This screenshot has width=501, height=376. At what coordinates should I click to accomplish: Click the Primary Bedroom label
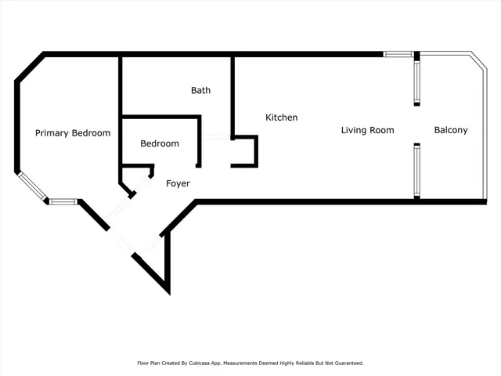pyautogui.click(x=73, y=133)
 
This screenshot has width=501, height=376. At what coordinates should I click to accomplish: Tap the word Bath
pyautogui.click(x=200, y=90)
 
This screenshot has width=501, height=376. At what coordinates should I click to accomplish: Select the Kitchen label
pyautogui.click(x=282, y=117)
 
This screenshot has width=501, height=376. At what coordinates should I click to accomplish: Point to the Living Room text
pyautogui.click(x=367, y=130)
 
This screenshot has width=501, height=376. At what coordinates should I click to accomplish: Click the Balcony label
pyautogui.click(x=451, y=130)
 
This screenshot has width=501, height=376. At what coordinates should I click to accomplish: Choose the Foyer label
pyautogui.click(x=178, y=183)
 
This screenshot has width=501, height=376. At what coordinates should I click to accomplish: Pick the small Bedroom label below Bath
pyautogui.click(x=160, y=143)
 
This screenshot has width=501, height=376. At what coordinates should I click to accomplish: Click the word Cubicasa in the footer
pyautogui.click(x=205, y=363)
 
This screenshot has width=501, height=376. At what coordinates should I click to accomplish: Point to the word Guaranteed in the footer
pyautogui.click(x=348, y=363)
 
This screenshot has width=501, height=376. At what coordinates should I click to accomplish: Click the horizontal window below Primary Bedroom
pyautogui.click(x=63, y=201)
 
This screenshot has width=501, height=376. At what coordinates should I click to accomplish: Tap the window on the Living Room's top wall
pyautogui.click(x=397, y=54)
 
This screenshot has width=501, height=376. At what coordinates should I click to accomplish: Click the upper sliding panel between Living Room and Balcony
pyautogui.click(x=417, y=81)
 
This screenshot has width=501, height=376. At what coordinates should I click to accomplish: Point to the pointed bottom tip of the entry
pyautogui.click(x=168, y=291)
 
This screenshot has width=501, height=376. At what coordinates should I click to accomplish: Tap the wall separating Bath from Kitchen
pyautogui.click(x=232, y=94)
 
